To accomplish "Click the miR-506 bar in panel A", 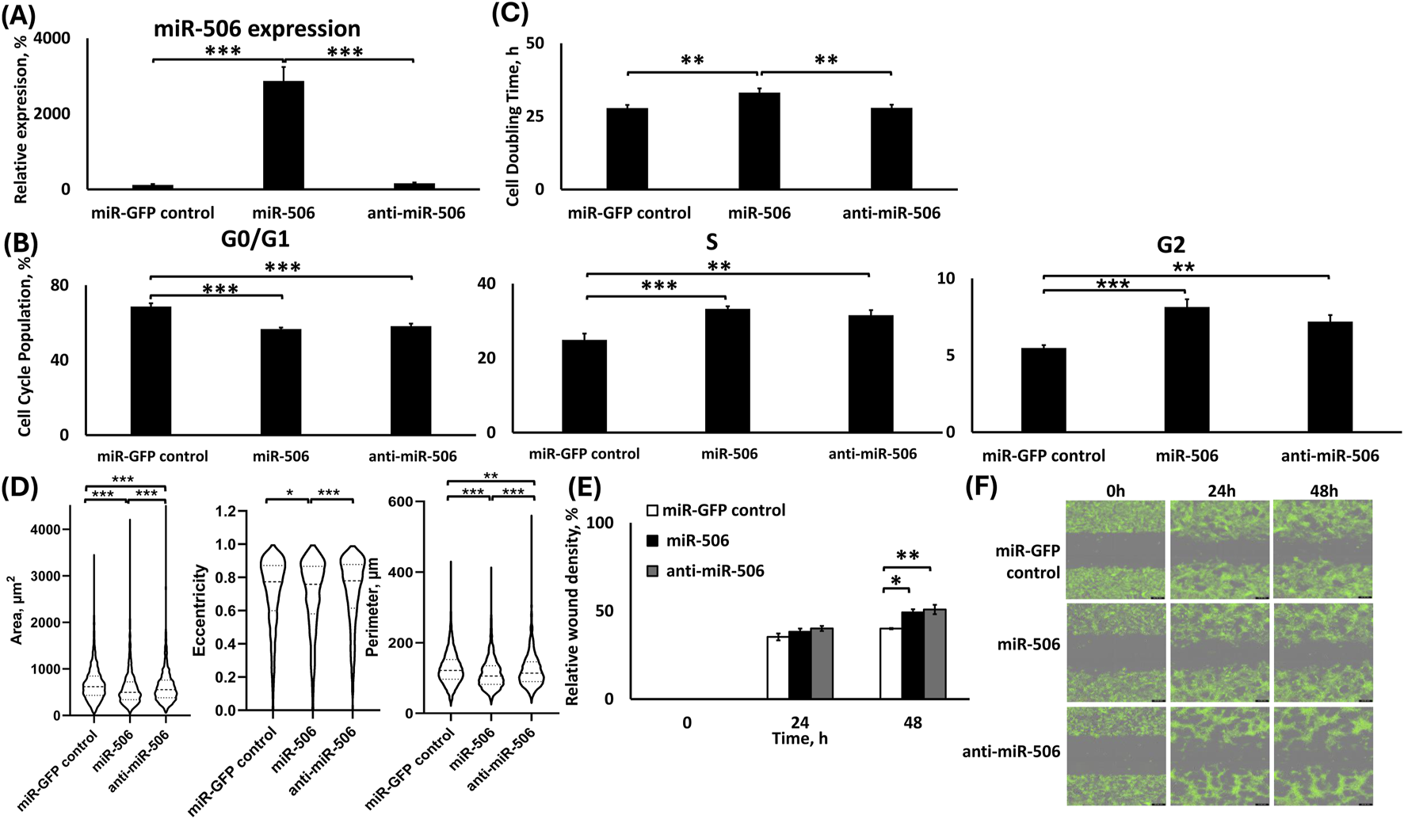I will (284, 135).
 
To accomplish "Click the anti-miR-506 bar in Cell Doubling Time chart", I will (891, 149).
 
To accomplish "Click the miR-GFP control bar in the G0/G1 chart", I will (151, 371).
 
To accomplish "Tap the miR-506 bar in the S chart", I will (727, 371).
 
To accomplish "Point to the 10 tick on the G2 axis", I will (946, 279).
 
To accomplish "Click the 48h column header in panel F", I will (1322, 491).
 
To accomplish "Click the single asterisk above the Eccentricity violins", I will (290, 493).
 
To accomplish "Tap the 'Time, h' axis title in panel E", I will (800, 738).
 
